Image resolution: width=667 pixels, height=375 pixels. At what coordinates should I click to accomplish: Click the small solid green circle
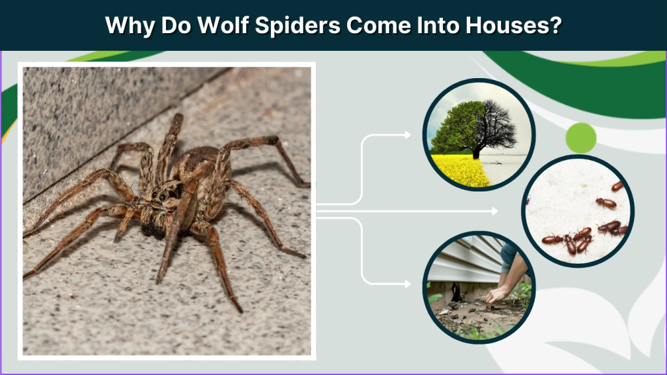click(580, 137)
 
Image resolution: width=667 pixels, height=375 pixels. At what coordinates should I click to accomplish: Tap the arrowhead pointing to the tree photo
click(408, 135)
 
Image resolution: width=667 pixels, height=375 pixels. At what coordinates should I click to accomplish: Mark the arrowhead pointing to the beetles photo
click(495, 211)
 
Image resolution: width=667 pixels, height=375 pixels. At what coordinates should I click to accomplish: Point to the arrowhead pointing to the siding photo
click(408, 284)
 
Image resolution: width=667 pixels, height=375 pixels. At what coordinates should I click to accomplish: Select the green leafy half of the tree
click(456, 127)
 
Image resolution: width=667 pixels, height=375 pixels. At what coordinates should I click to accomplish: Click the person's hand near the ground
click(497, 295)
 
